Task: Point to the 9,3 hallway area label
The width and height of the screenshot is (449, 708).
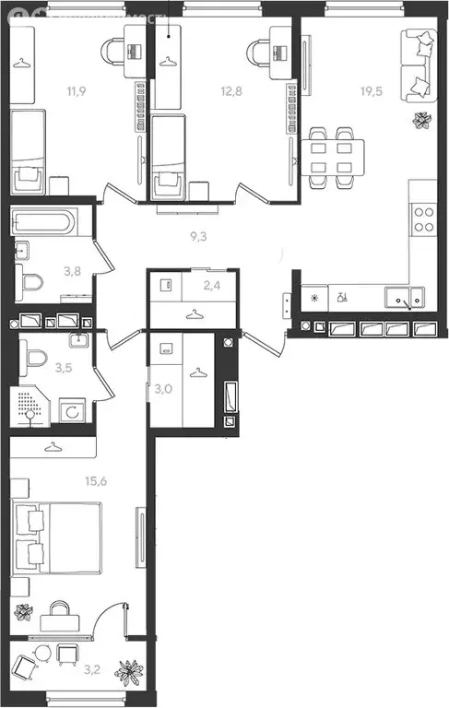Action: [197, 237]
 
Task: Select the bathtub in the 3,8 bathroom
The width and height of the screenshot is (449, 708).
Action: [50, 222]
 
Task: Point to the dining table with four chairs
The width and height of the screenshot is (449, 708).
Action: [331, 155]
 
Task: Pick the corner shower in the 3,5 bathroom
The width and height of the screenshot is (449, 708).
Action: [33, 407]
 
